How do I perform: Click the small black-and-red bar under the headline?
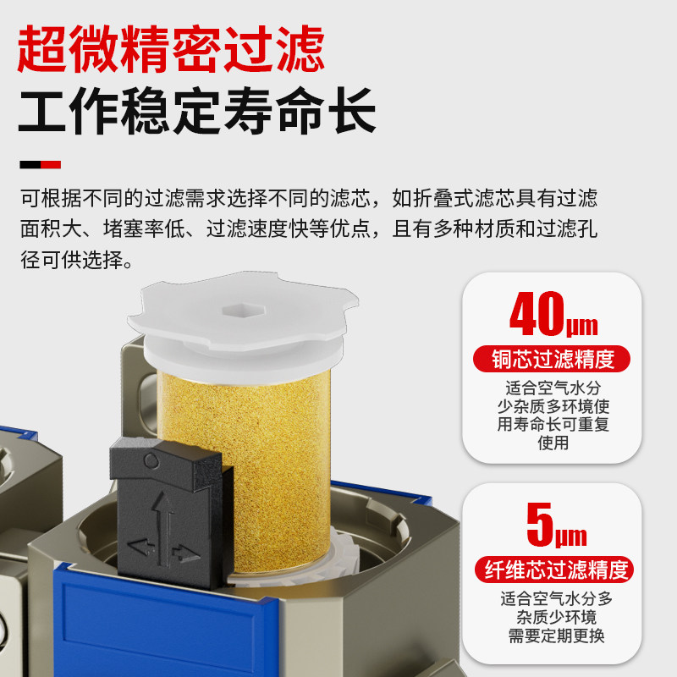(41, 163)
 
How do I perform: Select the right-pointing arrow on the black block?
(181, 555)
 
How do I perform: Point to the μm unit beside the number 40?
(582, 324)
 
